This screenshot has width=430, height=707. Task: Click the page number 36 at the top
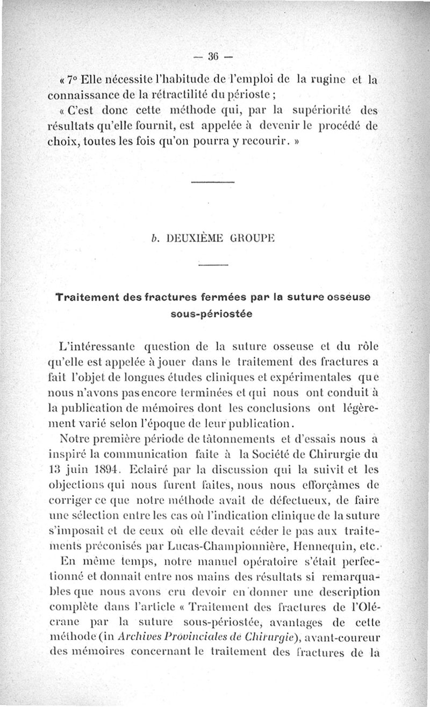[x=215, y=56]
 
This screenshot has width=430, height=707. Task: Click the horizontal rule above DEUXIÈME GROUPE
[x=213, y=183]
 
